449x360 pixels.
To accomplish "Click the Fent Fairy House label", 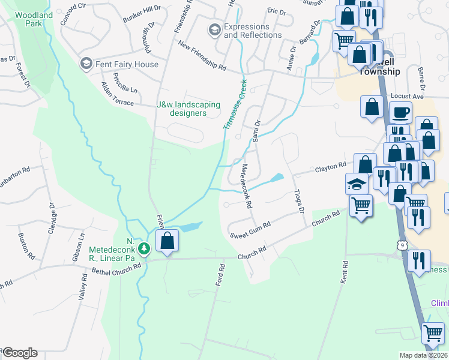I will click(x=126, y=64).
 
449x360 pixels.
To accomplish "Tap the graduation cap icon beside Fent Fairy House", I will click(x=86, y=64).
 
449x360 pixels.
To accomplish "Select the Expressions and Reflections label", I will click(x=253, y=31).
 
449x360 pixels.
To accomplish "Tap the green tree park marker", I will click(x=143, y=248).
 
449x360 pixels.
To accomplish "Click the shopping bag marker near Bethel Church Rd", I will click(x=167, y=241).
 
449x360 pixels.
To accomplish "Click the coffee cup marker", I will click(x=400, y=112).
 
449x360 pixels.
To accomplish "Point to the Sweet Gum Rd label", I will click(x=251, y=228).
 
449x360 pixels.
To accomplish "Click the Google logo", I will click(x=20, y=353).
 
